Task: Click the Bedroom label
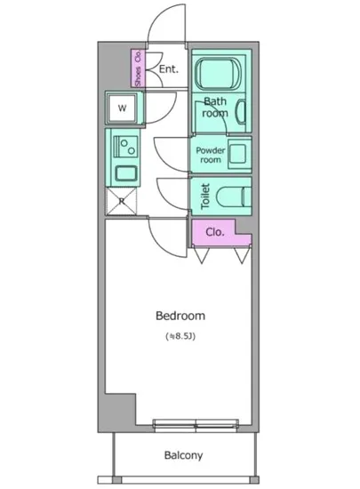[180, 316]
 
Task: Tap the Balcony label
[183, 456]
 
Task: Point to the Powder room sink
[237, 154]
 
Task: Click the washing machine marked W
[123, 109]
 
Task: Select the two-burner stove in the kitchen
[123, 143]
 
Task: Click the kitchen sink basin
[123, 172]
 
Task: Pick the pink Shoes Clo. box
[138, 68]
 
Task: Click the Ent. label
[169, 68]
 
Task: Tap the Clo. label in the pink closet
[214, 232]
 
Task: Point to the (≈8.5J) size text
[180, 337]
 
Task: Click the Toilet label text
[204, 196]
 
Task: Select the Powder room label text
[210, 155]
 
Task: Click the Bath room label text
[215, 107]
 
